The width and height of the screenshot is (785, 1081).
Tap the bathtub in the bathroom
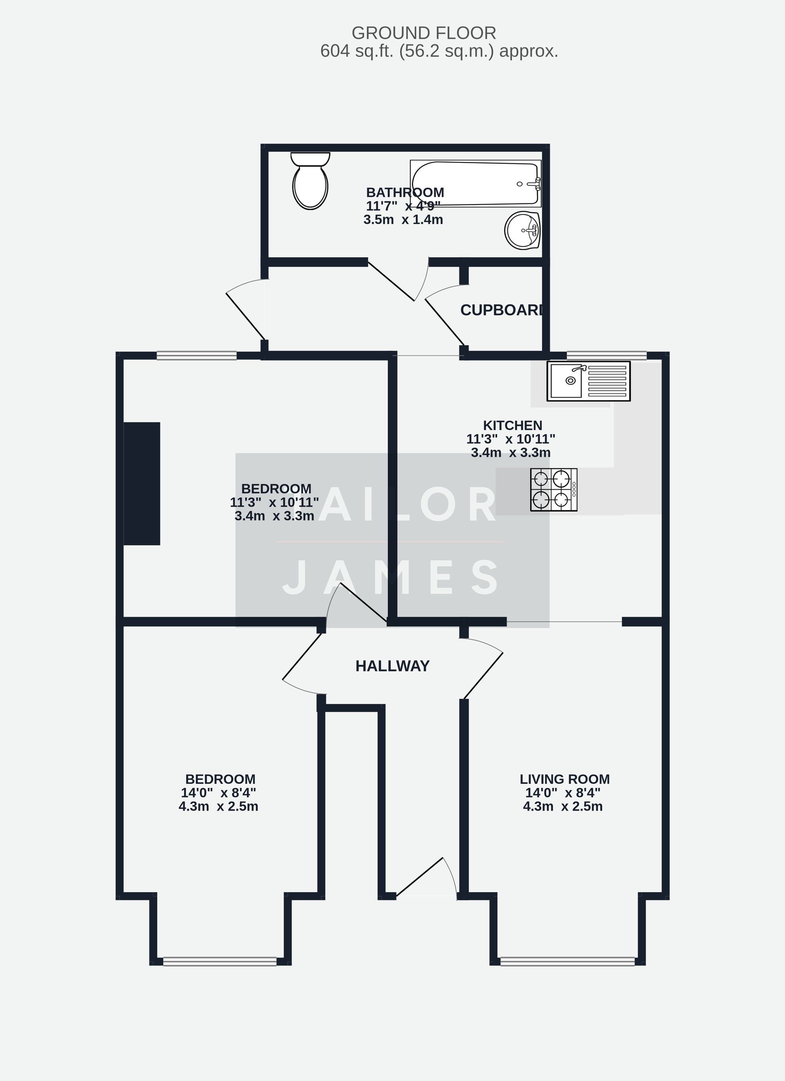(475, 184)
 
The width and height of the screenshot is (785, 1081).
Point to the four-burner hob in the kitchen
(553, 489)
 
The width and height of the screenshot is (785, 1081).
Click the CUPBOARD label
(501, 310)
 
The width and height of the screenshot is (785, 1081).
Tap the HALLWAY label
(392, 666)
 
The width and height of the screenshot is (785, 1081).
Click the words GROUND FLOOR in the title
(424, 33)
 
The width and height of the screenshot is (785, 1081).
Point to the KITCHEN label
(512, 425)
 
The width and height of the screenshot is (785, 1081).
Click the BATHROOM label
(405, 193)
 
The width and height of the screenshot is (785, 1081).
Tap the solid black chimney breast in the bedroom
(142, 483)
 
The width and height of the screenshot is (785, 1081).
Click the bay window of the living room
(567, 961)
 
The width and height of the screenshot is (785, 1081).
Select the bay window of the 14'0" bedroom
(220, 961)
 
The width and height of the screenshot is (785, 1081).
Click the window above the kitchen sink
(606, 355)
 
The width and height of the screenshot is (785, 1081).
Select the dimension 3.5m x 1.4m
(403, 220)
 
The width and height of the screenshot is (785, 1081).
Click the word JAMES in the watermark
(392, 578)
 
